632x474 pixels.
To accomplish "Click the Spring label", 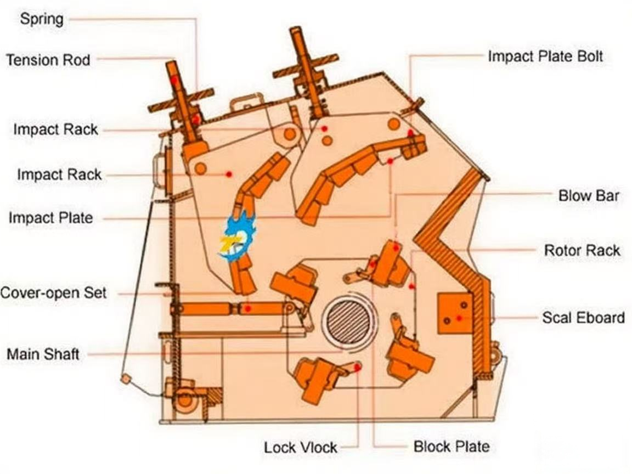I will [42, 19].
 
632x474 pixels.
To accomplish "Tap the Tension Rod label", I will [48, 59].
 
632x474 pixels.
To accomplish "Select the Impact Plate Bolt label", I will [545, 56].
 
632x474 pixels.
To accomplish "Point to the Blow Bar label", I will [589, 195].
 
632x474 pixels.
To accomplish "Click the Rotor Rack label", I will [582, 251].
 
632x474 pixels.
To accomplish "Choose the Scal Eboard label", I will [583, 318].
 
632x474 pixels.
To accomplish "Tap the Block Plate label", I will [451, 447].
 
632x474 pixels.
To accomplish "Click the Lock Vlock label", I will [301, 447].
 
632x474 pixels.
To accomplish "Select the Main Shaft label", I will [43, 354].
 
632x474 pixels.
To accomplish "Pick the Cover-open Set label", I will [53, 292].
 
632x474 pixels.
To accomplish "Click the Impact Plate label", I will [50, 218].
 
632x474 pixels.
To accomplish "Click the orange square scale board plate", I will [455, 313].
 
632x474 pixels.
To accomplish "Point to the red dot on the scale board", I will [459, 318].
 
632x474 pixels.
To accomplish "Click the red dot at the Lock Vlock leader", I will [357, 368].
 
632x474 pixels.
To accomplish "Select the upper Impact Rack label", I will [55, 129].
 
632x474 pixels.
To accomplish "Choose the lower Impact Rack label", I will [59, 174].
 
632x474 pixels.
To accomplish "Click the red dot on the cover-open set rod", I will [248, 309].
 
